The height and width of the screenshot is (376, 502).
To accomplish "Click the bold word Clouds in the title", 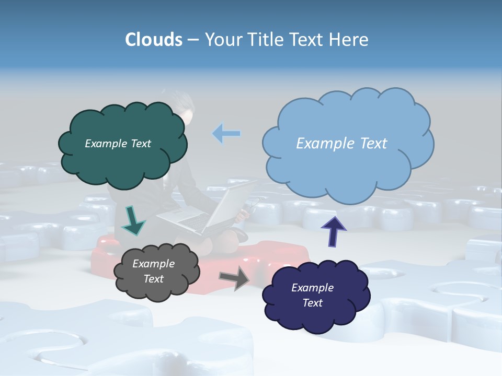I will coord(154,40).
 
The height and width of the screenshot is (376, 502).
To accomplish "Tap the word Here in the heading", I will coord(349,40).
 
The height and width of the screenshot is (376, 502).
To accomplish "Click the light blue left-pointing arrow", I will coord(226,134).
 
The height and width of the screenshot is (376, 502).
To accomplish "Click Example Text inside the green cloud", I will coord(118,143).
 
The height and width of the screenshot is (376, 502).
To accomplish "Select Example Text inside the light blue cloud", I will coord(341,143).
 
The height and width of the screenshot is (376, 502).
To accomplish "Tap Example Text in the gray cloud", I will coord(153,271).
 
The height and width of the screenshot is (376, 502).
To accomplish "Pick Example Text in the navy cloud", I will coord(312,295).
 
